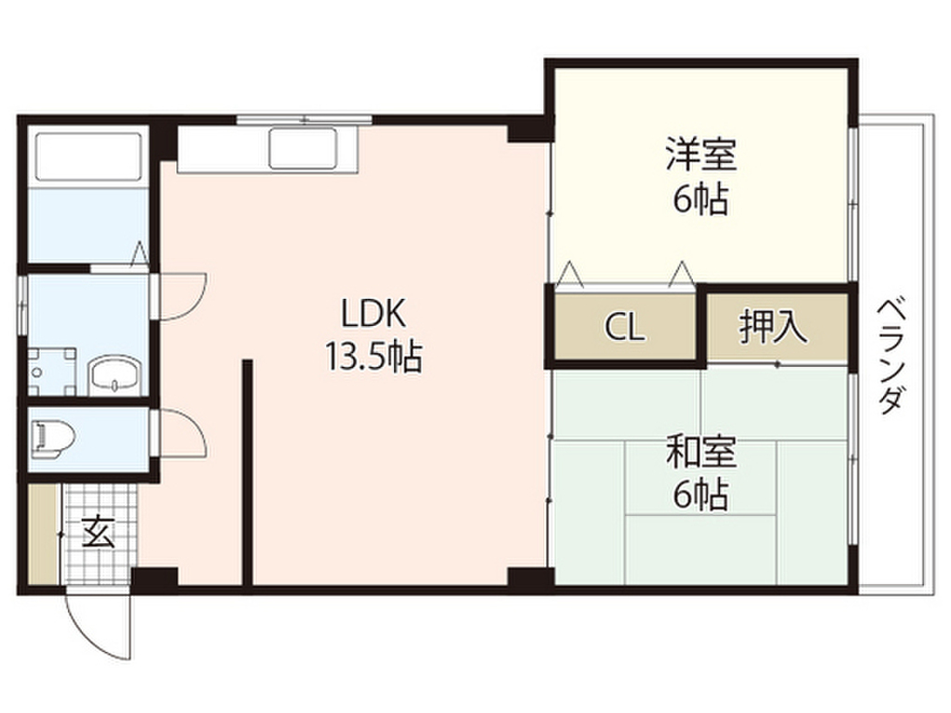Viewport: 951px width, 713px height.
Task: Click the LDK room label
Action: coord(372,314)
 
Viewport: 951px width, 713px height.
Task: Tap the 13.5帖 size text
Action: coord(373,356)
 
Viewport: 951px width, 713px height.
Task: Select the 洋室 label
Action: coord(701,154)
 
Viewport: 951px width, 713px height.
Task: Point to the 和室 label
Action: coord(701,452)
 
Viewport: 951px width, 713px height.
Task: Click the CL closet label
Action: coord(625,328)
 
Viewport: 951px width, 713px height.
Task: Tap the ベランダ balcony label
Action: coord(891,356)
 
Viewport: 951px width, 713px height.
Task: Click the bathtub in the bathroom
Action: coord(88,156)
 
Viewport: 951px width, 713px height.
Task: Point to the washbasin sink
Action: coord(115,375)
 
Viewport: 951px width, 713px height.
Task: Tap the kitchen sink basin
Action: coord(304,148)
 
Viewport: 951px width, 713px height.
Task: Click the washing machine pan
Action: coord(52,371)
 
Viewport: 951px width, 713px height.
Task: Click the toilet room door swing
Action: coord(181,434)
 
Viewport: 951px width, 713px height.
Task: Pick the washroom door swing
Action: coord(181,296)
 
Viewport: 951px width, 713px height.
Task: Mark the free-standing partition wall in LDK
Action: coord(247,473)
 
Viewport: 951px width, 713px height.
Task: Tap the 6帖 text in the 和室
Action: coord(701,495)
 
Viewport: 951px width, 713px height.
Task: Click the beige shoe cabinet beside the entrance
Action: coord(43,534)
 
